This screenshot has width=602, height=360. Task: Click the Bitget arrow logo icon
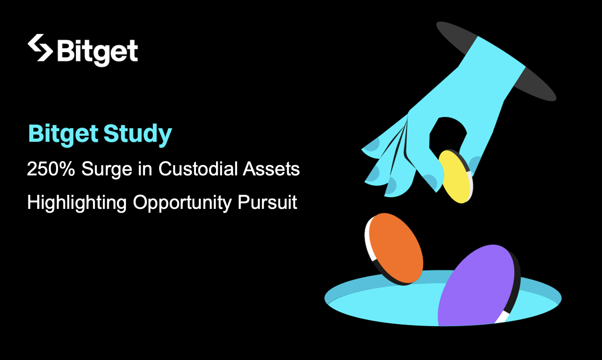40,48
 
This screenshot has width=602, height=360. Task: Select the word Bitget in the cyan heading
63,134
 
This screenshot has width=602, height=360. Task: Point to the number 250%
51,169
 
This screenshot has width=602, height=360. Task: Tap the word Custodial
198,169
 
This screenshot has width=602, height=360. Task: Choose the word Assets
271,169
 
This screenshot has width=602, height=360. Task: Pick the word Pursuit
267,202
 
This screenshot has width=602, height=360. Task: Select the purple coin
477,285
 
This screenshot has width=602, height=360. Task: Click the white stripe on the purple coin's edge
502,317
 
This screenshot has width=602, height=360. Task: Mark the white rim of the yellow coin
470,185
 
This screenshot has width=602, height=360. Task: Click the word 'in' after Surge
145,169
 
